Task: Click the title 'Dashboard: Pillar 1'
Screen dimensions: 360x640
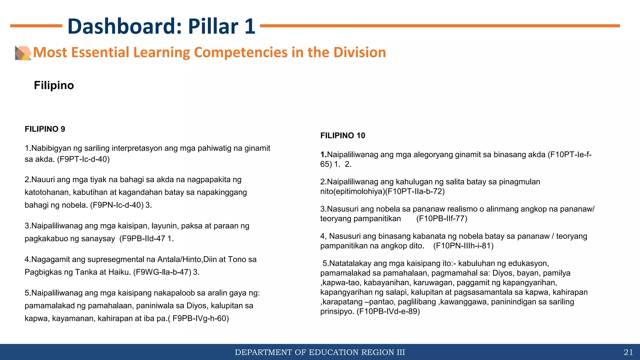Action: pyautogui.click(x=161, y=26)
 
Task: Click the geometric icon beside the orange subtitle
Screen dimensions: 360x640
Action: pyautogui.click(x=23, y=53)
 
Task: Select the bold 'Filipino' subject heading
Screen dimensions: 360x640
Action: pyautogui.click(x=54, y=85)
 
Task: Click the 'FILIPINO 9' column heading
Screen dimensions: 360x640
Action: pyautogui.click(x=45, y=129)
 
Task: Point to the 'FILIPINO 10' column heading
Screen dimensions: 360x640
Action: pyautogui.click(x=342, y=136)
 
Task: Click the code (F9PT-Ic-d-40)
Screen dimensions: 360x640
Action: pyautogui.click(x=83, y=159)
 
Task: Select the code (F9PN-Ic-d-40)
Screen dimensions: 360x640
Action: pyautogui.click(x=117, y=205)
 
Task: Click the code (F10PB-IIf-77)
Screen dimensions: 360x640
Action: pyautogui.click(x=442, y=218)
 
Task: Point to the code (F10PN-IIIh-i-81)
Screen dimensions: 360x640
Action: pyautogui.click(x=463, y=246)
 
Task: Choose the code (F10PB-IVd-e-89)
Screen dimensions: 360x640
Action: pyautogui.click(x=388, y=312)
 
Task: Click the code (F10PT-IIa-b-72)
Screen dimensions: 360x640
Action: pyautogui.click(x=415, y=191)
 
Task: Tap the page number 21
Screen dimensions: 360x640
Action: pyautogui.click(x=628, y=352)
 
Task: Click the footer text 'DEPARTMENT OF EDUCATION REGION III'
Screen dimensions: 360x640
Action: pyautogui.click(x=320, y=352)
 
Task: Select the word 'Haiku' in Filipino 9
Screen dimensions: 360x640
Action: pyautogui.click(x=119, y=272)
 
